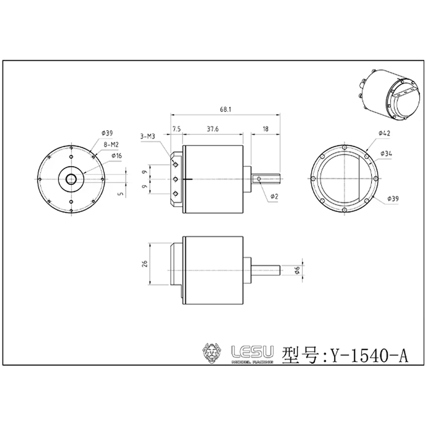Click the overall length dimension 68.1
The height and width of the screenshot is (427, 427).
pos(226,109)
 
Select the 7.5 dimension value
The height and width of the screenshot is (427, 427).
pos(176,129)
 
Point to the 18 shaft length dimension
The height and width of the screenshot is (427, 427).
pos(266,129)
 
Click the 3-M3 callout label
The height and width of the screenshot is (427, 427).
pos(147,137)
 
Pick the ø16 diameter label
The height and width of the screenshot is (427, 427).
pos(116,156)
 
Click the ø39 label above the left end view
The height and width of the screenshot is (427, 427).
pos(107,133)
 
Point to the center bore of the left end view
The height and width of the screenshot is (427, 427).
pos(71,178)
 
